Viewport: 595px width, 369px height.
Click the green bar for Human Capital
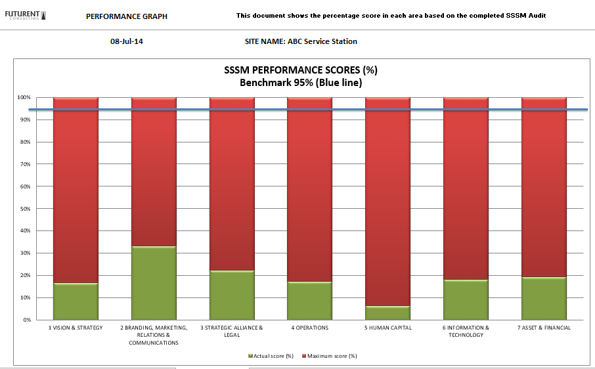point(387,313)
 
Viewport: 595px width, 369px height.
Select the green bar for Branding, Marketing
point(154,283)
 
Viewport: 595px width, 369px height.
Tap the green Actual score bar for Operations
point(309,301)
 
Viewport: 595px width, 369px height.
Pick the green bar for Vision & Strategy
point(76,301)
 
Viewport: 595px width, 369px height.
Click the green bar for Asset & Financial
point(544,298)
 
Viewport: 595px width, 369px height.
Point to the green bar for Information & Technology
point(466,299)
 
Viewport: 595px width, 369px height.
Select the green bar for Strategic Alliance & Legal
point(232,295)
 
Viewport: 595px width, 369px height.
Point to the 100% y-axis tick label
point(24,97)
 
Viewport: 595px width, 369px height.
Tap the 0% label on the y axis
point(26,320)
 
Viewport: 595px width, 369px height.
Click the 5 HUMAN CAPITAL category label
point(387,328)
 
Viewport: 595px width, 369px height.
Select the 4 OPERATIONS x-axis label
point(309,328)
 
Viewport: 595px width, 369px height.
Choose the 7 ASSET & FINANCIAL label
point(544,328)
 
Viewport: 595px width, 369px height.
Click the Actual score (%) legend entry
point(271,356)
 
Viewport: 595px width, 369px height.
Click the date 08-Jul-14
point(127,41)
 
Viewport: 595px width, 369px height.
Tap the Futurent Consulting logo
point(26,14)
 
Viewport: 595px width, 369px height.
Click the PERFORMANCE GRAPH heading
point(127,16)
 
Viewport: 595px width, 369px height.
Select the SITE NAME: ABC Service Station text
point(301,41)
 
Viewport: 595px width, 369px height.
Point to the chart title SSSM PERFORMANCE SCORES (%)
point(301,70)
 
